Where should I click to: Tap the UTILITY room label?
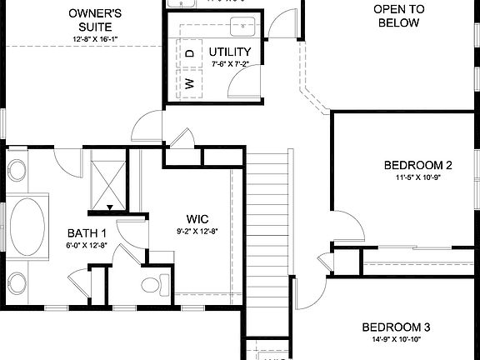pyautogui.click(x=230, y=52)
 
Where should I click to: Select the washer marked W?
pyautogui.click(x=190, y=82)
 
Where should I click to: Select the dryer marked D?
pyautogui.click(x=190, y=53)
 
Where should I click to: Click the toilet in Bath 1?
pyautogui.click(x=152, y=285)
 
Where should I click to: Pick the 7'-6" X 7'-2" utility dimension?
pyautogui.click(x=230, y=63)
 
